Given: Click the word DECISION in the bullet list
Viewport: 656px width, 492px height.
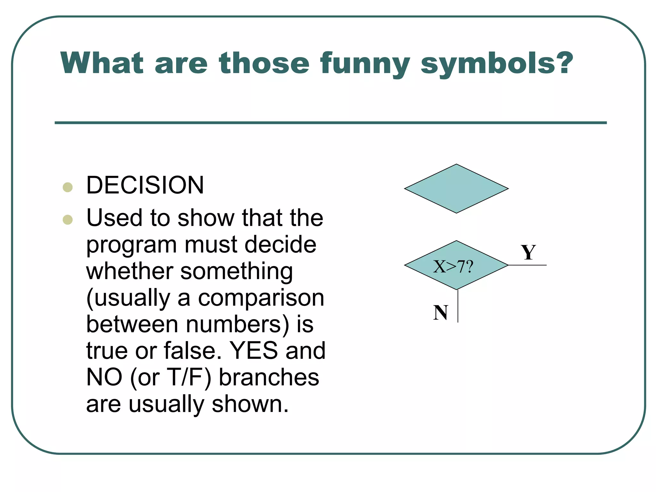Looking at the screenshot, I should coord(145,185).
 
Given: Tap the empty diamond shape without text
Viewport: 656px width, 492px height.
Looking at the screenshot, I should coord(456,189).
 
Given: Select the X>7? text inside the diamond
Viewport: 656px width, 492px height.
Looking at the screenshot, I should coord(453,266).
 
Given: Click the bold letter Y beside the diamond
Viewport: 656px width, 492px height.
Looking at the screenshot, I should coord(528,252).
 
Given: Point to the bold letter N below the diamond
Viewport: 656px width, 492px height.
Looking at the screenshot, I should coord(441,312).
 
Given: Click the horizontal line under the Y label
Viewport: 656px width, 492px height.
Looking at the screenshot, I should coord(527,265).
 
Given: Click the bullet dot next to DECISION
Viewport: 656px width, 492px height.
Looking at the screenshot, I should coord(68,187).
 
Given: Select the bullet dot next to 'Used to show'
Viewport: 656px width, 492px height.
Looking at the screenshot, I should coord(68,220).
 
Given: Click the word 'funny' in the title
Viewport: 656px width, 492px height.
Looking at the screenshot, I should coord(365,64).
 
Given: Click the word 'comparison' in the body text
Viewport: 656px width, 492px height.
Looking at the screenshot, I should coord(261,298).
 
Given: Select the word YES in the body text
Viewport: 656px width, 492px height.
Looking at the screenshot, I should coord(254,350).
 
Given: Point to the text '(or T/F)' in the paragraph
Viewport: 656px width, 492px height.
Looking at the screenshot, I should coord(171,377).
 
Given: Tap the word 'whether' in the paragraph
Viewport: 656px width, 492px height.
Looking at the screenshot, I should coord(129,271).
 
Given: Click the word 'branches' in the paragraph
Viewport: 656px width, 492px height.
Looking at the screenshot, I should coord(269,377).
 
